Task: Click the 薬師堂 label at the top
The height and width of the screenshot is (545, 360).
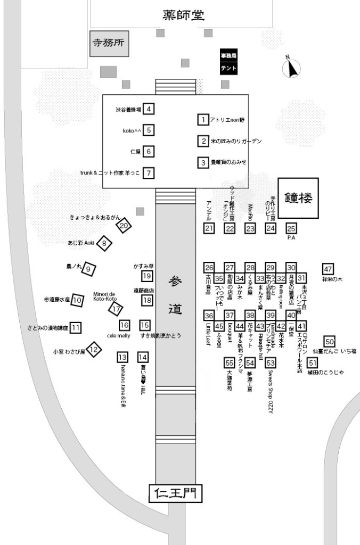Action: point(183,15)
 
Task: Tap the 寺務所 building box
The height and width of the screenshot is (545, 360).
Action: point(109,43)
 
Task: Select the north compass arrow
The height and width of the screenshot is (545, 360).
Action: point(291,68)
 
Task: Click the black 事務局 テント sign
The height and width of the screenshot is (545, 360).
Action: point(228,62)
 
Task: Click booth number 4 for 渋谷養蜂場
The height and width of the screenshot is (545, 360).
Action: point(149,109)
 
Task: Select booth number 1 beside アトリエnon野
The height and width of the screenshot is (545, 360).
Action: point(202,120)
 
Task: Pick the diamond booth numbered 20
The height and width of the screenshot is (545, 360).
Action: point(124,226)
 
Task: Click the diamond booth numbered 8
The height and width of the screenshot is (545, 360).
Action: point(105,244)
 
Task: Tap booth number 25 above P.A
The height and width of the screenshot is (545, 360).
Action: point(291,228)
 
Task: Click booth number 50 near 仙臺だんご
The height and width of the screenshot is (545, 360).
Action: point(330,342)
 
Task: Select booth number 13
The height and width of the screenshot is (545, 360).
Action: point(122,358)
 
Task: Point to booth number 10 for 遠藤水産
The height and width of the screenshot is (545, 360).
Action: point(77,300)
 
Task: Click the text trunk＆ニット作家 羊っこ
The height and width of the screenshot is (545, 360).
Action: point(110,172)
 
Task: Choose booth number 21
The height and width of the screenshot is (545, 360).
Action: point(209,228)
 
